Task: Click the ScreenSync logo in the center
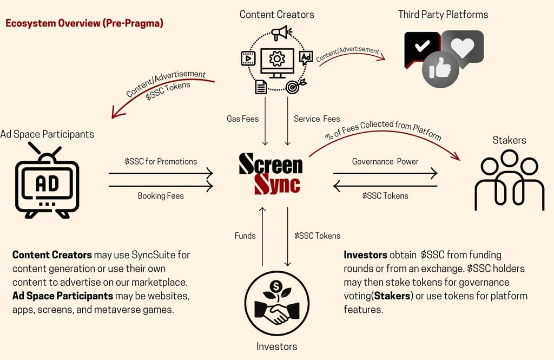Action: (x=271, y=173)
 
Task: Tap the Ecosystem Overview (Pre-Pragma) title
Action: (x=84, y=23)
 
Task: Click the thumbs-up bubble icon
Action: (x=440, y=70)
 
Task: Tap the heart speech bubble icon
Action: (x=463, y=47)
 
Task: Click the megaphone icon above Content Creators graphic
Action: (x=281, y=34)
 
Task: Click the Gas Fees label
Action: (x=242, y=119)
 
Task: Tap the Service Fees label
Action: (x=316, y=119)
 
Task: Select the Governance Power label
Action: (x=385, y=161)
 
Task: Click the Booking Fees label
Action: (x=161, y=195)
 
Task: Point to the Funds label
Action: (x=245, y=235)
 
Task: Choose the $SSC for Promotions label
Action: (x=161, y=161)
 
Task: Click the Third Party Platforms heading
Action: (x=443, y=15)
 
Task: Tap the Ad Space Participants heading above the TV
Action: (x=47, y=134)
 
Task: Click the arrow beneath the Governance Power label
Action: (x=385, y=173)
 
